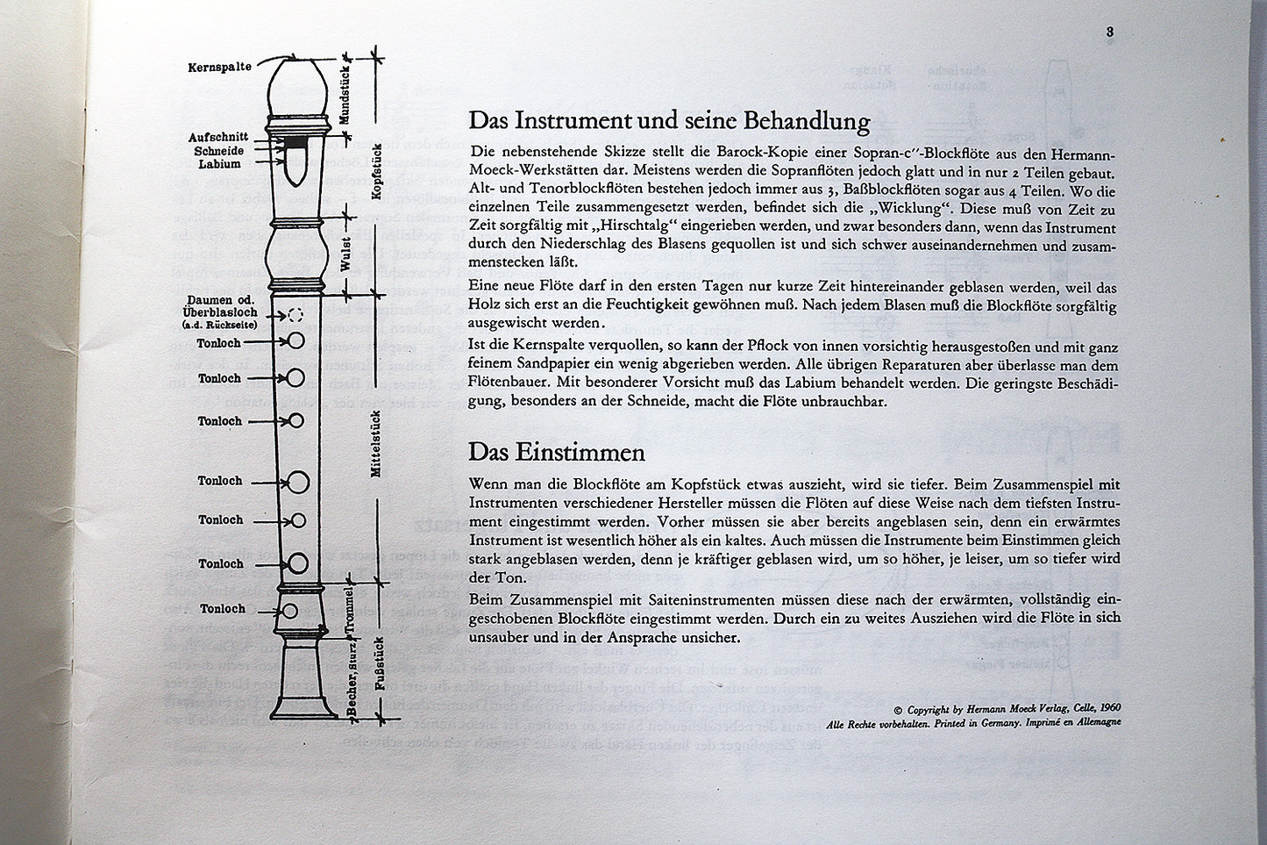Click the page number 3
click(x=1109, y=32)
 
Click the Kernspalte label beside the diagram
click(x=219, y=68)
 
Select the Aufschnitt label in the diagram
click(x=218, y=138)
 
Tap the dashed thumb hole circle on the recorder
click(x=295, y=315)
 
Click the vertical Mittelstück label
click(x=376, y=443)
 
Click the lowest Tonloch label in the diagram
click(x=222, y=609)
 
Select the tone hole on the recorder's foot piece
click(x=288, y=611)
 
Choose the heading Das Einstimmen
click(x=557, y=453)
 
